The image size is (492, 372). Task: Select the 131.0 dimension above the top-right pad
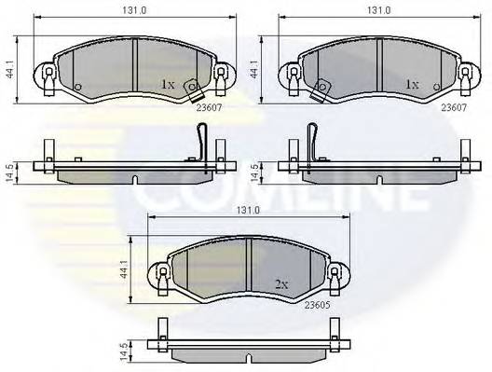(378, 11)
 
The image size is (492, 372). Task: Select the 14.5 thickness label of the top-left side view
(9, 171)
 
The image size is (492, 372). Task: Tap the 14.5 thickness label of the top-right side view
(256, 171)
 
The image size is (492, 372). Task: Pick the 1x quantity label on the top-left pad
(168, 84)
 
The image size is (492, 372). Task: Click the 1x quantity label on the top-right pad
(410, 84)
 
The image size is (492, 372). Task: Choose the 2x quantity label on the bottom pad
(280, 283)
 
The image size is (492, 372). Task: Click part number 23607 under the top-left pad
(211, 106)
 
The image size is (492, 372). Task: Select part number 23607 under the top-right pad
(453, 106)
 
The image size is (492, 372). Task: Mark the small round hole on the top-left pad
(78, 90)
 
